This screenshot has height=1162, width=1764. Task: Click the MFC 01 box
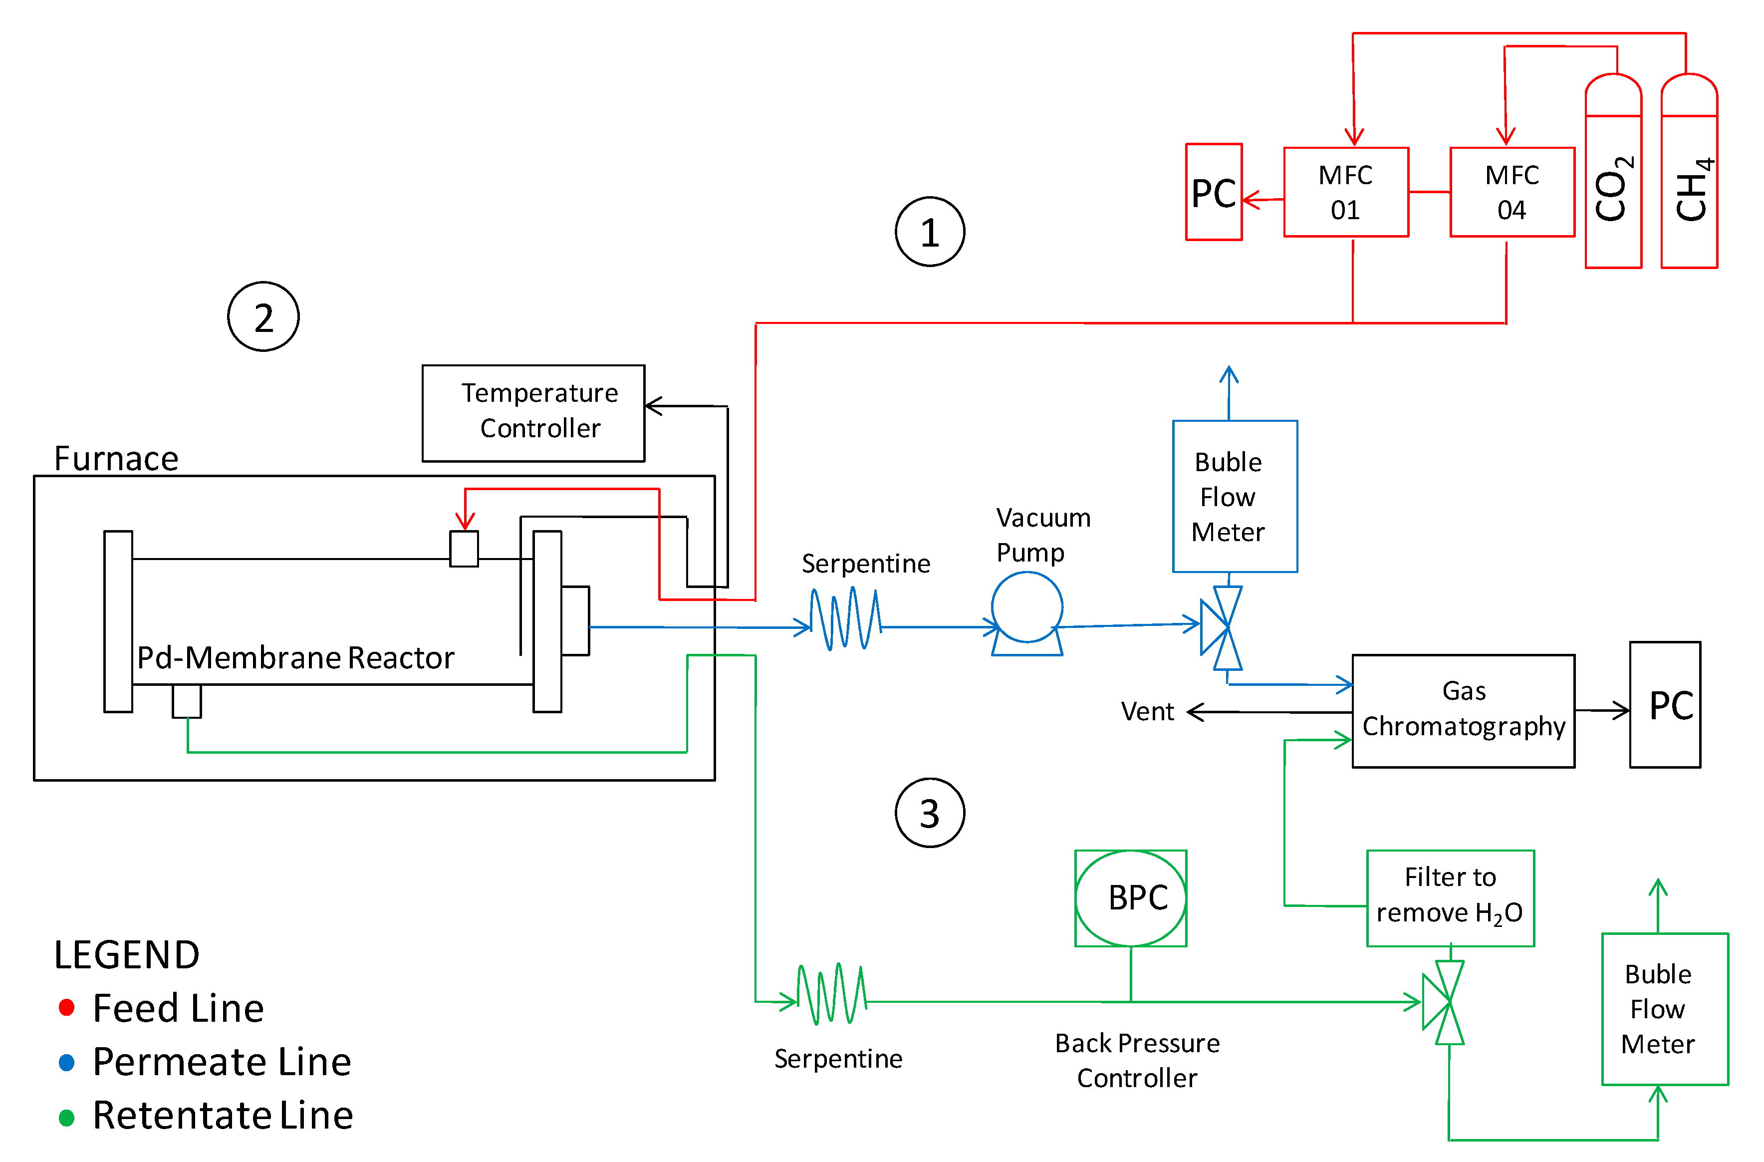click(1345, 192)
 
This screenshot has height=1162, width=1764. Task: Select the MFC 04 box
click(1512, 192)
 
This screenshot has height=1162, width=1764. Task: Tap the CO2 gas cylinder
click(1613, 178)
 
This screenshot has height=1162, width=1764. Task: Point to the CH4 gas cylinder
click(1689, 178)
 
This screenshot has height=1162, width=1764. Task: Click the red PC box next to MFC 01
click(1213, 192)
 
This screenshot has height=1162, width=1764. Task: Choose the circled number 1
click(930, 232)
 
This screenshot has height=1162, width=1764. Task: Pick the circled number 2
click(263, 316)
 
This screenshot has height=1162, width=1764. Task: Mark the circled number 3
click(930, 812)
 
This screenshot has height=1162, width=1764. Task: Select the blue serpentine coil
click(845, 619)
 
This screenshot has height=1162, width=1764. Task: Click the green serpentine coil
click(831, 994)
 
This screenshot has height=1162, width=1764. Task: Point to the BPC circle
click(1130, 898)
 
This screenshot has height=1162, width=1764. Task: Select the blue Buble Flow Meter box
click(1234, 496)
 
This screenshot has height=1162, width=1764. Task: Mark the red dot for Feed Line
click(67, 1007)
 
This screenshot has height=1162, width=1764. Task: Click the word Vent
click(1147, 712)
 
